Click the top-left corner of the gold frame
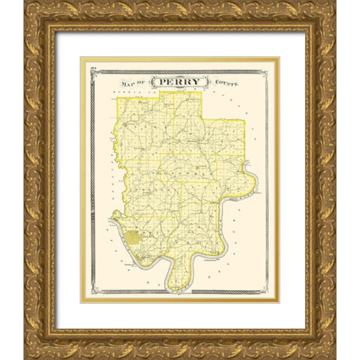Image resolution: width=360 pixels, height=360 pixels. point(25,4)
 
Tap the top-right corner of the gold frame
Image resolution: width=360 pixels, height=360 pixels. point(334,4)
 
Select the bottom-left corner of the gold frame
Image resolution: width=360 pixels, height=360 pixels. point(25,357)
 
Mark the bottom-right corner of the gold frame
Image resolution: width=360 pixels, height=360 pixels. point(334,357)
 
